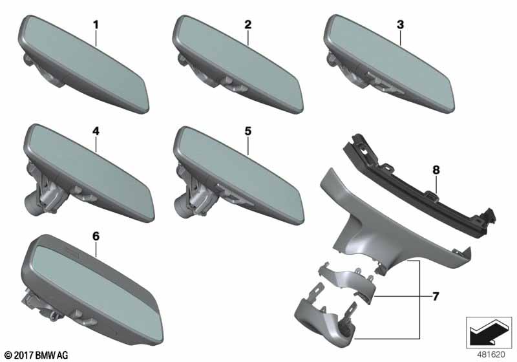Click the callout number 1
coord(96,25)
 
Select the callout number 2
coord(248,25)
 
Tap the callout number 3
coord(400,25)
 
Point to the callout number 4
coord(96,131)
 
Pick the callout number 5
coord(248,131)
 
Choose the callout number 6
coord(96,237)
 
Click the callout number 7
coord(436,297)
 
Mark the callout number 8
coord(436,170)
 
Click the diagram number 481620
coord(491,355)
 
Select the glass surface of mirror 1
coord(84,63)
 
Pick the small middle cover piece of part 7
coord(346,281)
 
